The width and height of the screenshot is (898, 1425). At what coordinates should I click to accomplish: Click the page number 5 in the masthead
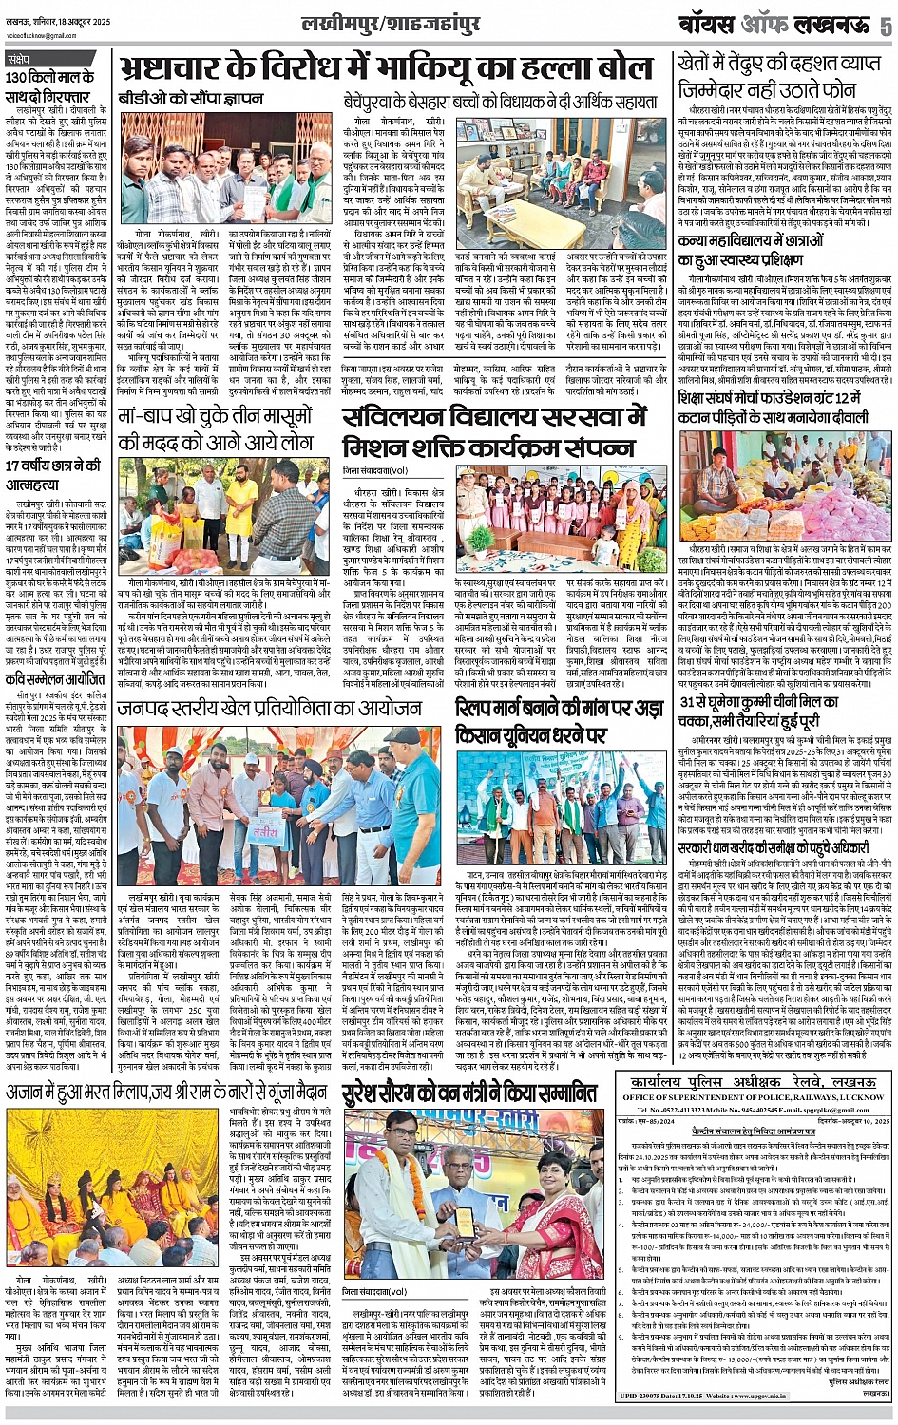point(884,26)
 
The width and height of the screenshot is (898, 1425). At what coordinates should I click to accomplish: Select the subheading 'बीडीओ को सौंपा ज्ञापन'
point(178,98)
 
